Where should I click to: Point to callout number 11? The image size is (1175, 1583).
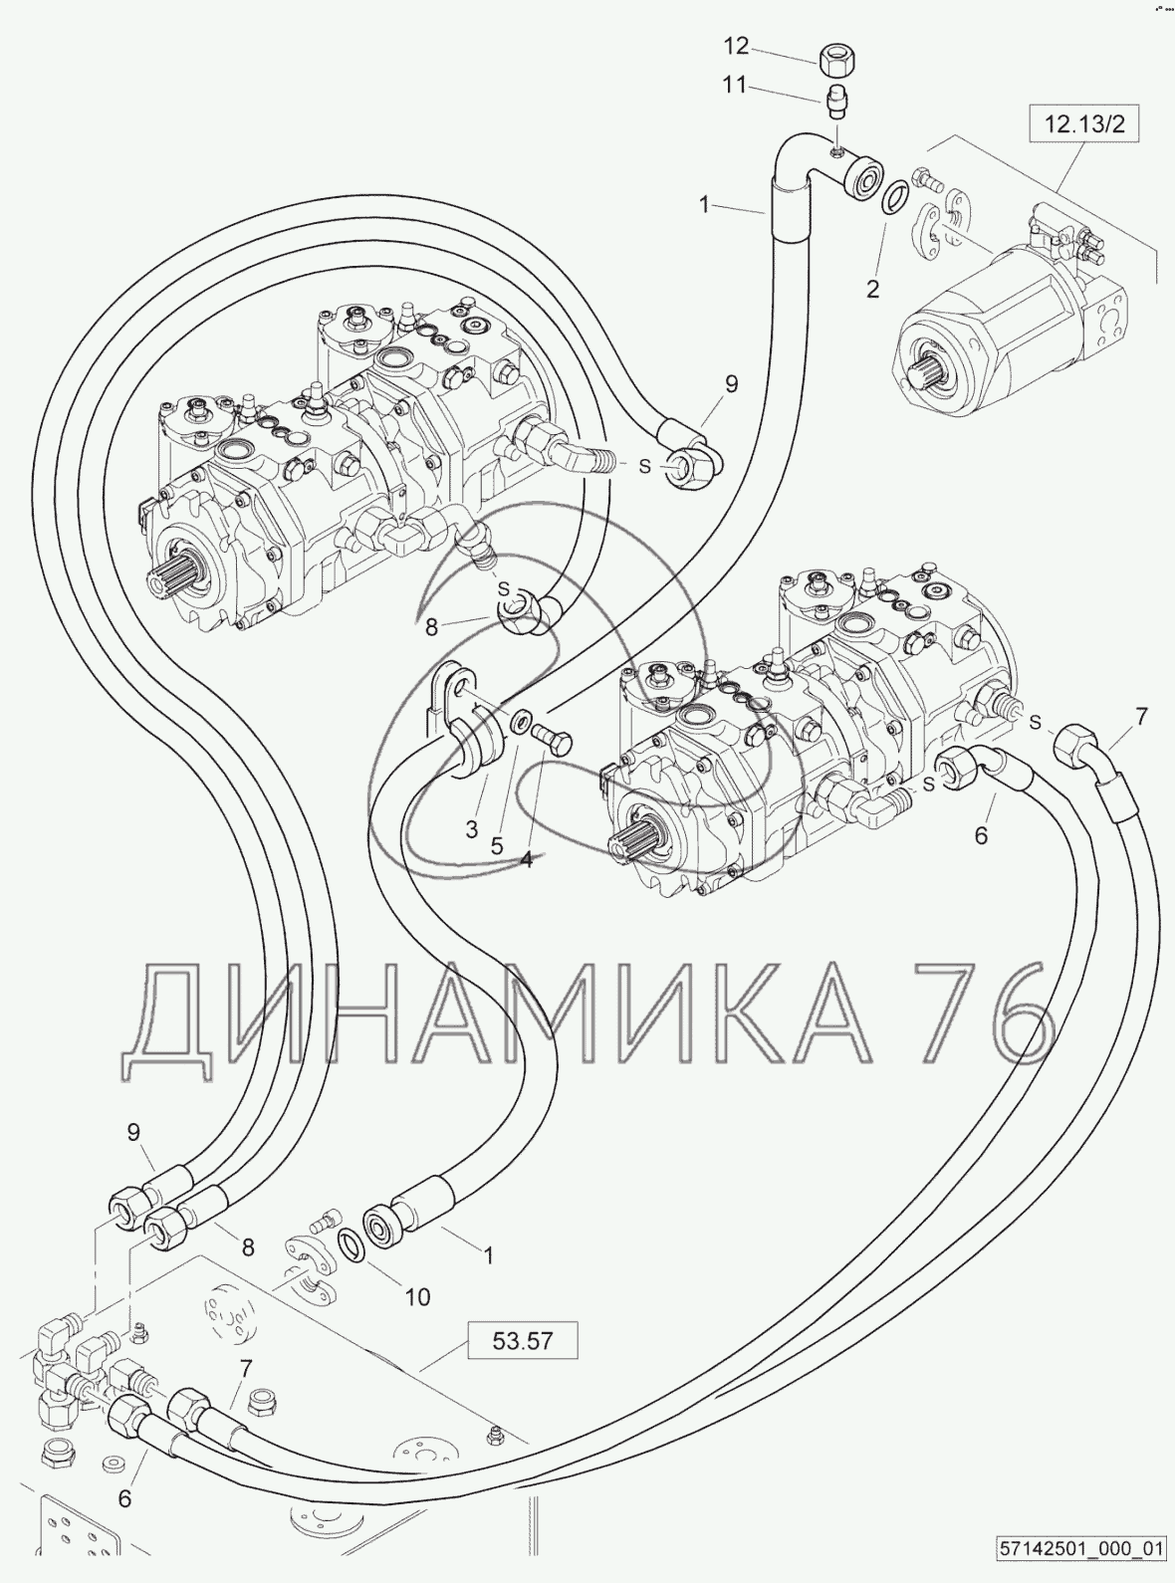(734, 86)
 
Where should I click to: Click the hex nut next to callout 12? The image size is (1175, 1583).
(833, 60)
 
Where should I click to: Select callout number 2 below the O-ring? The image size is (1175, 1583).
(872, 291)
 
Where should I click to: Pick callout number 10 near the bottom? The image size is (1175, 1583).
(417, 1296)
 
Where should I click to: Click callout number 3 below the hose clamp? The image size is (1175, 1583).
(472, 828)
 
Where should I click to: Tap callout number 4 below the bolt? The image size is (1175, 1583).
(526, 859)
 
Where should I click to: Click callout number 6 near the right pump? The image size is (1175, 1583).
(981, 835)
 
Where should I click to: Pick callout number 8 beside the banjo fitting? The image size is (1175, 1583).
(432, 627)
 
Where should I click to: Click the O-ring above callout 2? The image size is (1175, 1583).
(894, 195)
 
